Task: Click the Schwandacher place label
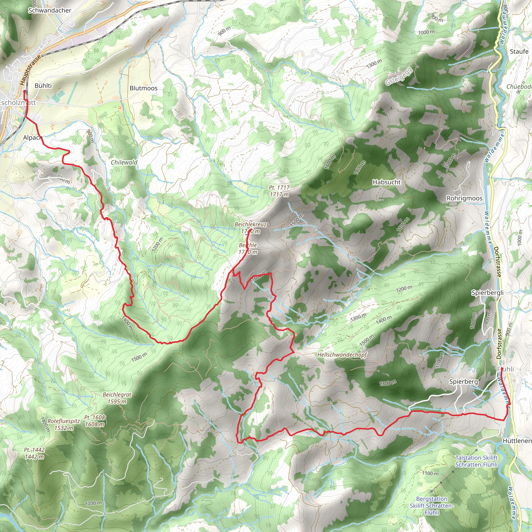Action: click(50, 10)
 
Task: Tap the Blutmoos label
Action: click(143, 88)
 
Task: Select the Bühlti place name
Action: click(43, 86)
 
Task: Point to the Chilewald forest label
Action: click(124, 162)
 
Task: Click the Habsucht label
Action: click(386, 182)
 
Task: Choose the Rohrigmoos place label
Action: click(464, 198)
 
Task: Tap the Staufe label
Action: click(519, 51)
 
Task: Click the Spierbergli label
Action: click(487, 292)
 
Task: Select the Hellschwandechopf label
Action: click(342, 355)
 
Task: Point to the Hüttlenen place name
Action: click(517, 441)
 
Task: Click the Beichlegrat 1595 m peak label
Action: click(117, 398)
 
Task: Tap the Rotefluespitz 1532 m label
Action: click(64, 424)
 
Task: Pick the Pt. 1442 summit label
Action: click(34, 453)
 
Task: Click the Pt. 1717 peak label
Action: click(279, 191)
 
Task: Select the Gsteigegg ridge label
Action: click(399, 76)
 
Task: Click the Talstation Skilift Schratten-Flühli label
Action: click(476, 461)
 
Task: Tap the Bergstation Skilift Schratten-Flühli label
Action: click(431, 506)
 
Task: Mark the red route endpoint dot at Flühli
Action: click(502, 368)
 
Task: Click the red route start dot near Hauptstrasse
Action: click(24, 91)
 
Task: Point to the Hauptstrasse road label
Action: click(30, 70)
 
